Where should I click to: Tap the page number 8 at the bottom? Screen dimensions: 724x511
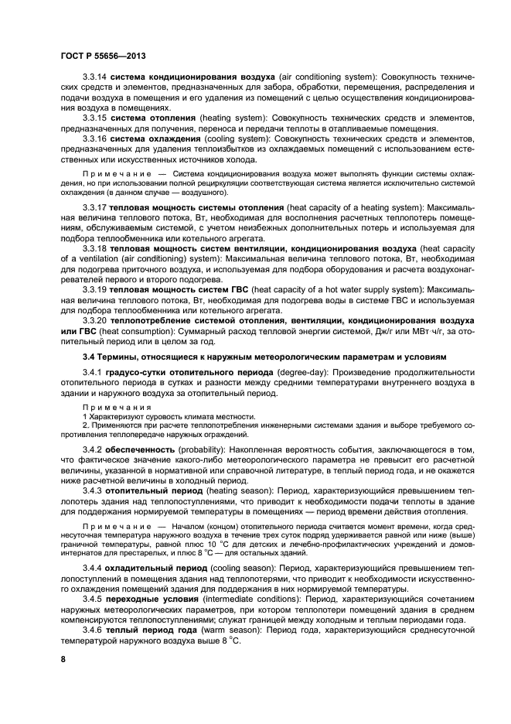(x=64, y=659)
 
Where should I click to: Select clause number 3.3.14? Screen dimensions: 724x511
(x=97, y=80)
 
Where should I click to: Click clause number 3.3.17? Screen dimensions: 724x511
(x=97, y=209)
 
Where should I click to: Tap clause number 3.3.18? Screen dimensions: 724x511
(x=97, y=249)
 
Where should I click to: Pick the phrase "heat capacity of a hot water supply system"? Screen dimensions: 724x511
(x=330, y=289)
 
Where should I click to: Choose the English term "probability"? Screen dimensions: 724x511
(x=205, y=449)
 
